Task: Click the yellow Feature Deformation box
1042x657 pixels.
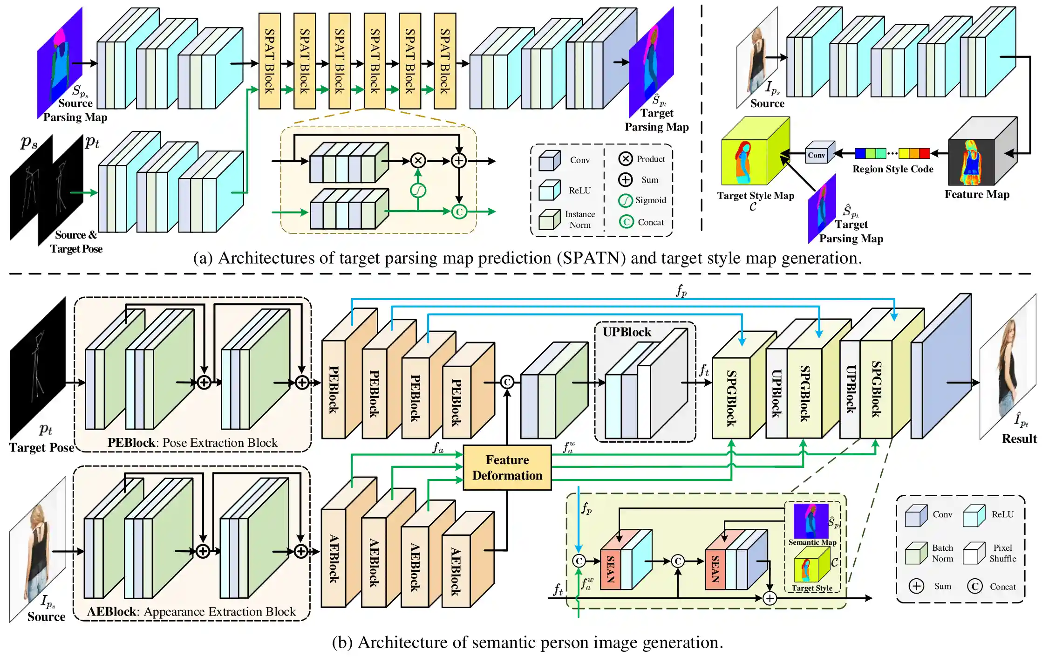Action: pyautogui.click(x=507, y=467)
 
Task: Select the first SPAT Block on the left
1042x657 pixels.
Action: pyautogui.click(x=269, y=61)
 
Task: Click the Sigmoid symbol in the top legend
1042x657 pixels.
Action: pyautogui.click(x=625, y=200)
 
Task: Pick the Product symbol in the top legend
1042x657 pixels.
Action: pyautogui.click(x=625, y=159)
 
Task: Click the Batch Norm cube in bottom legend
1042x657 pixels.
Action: pyautogui.click(x=916, y=554)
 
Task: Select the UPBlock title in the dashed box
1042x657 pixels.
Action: pyautogui.click(x=627, y=332)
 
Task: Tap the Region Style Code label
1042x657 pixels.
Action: pyautogui.click(x=892, y=169)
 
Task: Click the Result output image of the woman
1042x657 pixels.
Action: pyautogui.click(x=1008, y=368)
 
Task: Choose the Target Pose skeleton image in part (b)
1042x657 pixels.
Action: pyautogui.click(x=37, y=368)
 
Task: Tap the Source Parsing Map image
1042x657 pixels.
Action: pyautogui.click(x=60, y=63)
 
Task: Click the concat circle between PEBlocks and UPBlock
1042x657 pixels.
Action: pyautogui.click(x=507, y=382)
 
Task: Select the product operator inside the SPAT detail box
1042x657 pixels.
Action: pyautogui.click(x=418, y=161)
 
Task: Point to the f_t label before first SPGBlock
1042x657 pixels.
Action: pyautogui.click(x=704, y=370)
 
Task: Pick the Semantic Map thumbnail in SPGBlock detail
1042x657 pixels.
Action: pyautogui.click(x=810, y=521)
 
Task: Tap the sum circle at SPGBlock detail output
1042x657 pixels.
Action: pyautogui.click(x=770, y=598)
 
